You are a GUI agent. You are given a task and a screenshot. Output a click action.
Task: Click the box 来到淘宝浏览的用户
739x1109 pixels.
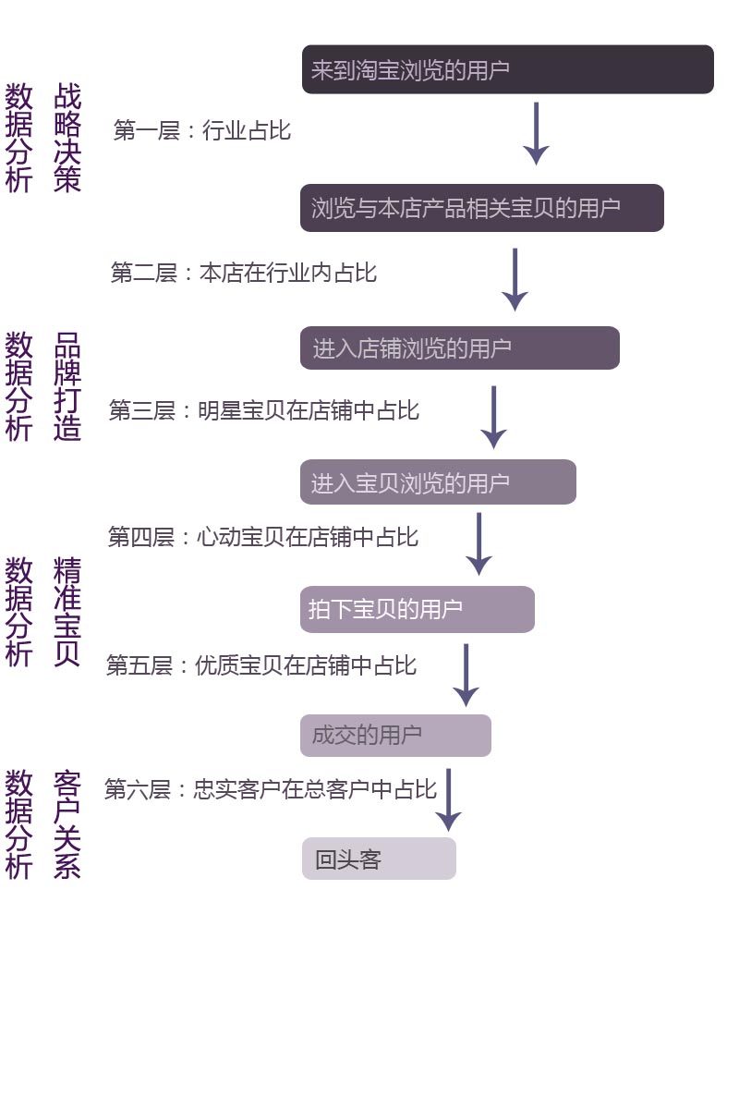pos(507,69)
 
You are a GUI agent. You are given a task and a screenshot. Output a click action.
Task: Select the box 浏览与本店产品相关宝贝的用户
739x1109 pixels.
pos(481,207)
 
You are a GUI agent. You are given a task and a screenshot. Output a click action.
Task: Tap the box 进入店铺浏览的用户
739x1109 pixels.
pos(459,347)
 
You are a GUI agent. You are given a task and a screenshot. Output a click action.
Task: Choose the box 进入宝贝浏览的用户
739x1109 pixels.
pos(438,481)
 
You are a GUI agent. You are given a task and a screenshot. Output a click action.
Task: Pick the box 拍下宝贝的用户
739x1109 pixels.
pos(418,609)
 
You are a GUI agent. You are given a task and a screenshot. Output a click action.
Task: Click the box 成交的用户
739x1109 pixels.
pos(395,736)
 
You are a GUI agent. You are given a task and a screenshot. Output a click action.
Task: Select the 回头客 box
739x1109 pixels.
pos(379,859)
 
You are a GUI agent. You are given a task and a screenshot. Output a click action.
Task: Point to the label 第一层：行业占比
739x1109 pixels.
pos(202,130)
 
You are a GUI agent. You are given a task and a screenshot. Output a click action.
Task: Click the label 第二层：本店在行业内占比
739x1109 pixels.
pos(244,273)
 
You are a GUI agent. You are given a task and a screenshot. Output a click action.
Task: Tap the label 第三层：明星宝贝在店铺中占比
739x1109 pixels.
pos(264,410)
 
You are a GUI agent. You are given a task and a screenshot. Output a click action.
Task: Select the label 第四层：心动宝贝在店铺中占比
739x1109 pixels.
pos(263,537)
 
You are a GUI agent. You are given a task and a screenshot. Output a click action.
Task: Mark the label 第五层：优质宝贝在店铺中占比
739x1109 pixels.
pos(261,665)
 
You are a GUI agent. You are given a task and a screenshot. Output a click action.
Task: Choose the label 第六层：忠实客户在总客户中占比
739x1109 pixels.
pos(271,789)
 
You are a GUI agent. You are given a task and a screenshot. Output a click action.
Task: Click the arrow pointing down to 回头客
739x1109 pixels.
pos(448,800)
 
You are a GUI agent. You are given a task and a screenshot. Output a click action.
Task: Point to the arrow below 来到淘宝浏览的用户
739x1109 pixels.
pos(536,134)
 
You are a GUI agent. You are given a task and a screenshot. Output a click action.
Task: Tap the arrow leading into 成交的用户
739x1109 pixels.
pos(466,676)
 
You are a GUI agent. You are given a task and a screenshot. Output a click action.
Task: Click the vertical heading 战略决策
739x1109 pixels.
pos(67,137)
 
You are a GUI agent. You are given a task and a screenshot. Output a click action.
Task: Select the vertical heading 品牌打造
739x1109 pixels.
pos(67,386)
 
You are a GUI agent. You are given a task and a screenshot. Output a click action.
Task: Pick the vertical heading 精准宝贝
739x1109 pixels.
pos(67,612)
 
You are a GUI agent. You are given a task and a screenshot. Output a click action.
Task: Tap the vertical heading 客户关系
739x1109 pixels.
pos(67,824)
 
